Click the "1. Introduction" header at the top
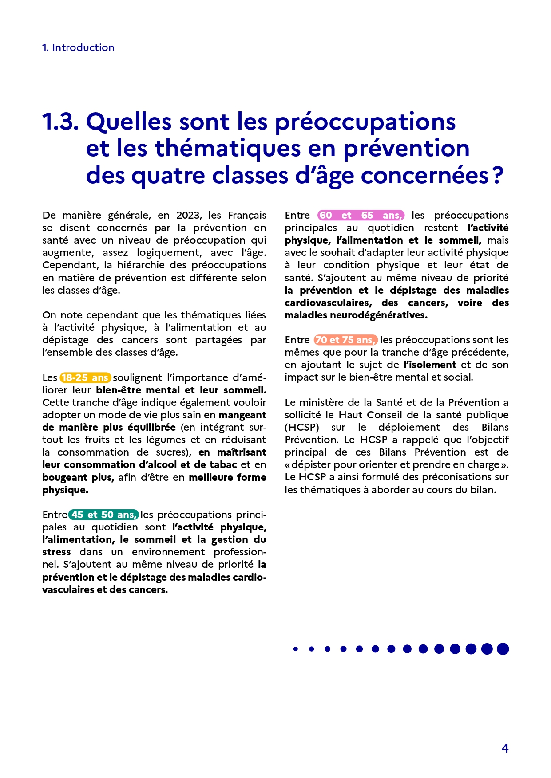tap(78, 47)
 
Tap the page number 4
tap(505, 748)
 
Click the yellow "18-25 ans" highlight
tap(85, 377)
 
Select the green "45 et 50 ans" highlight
tap(103, 515)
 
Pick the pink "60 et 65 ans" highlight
tap(361, 215)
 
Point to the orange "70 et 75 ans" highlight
tap(345, 340)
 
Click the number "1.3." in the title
tap(60, 122)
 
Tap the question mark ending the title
tap(498, 176)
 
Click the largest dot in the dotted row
tap(503, 649)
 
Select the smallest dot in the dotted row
tap(296, 649)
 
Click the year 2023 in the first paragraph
tap(188, 215)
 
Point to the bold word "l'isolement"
tap(430, 365)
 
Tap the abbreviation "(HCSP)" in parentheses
tap(302, 427)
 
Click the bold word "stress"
tap(56, 552)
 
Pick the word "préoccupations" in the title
tap(365, 122)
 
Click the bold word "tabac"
tap(223, 464)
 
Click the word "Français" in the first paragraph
tap(247, 215)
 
